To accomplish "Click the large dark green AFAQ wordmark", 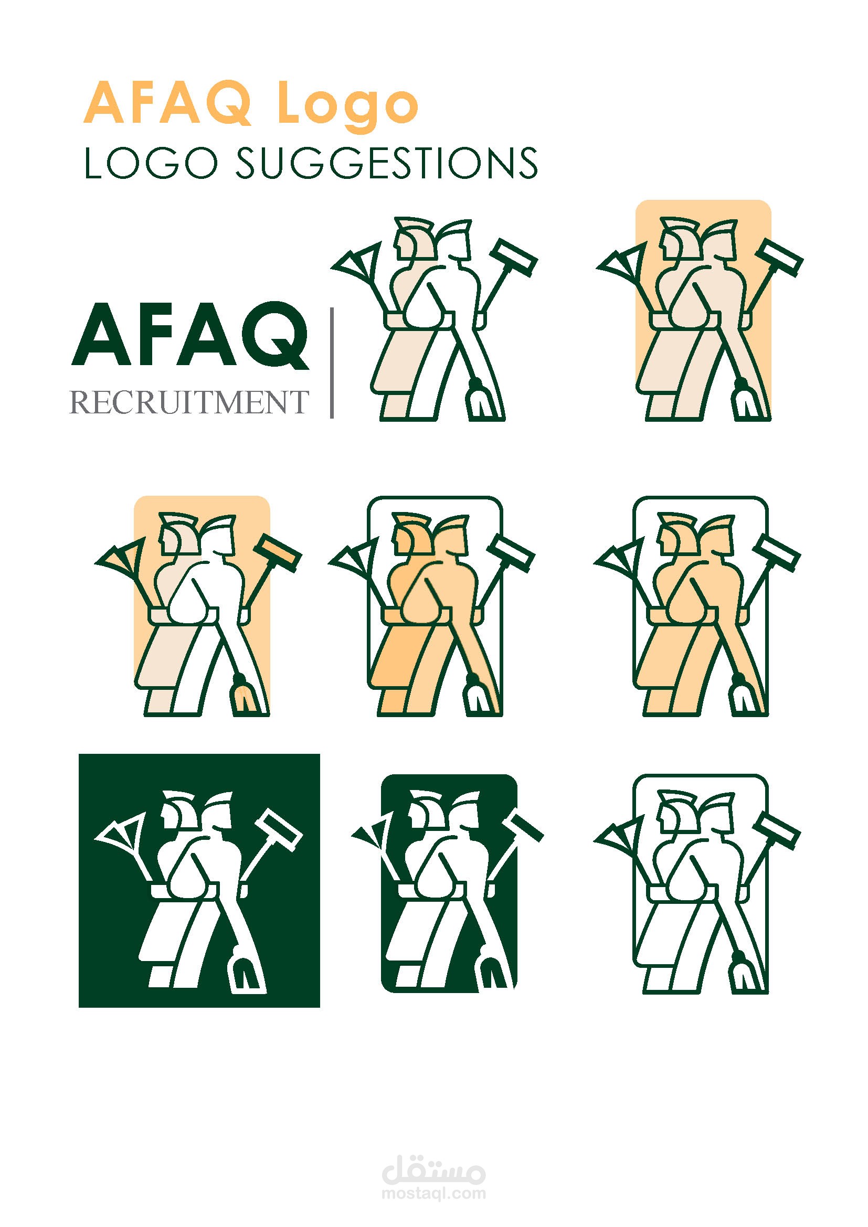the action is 190,336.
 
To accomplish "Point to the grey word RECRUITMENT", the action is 189,403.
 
